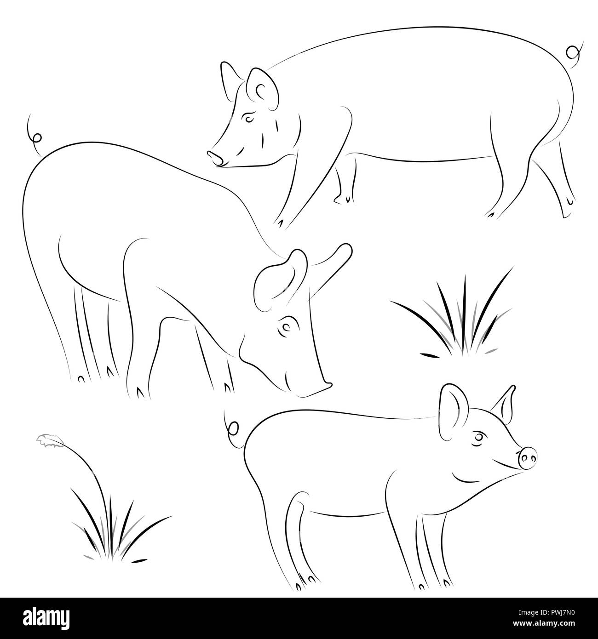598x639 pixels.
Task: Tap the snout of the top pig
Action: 214,158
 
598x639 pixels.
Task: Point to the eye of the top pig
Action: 249,119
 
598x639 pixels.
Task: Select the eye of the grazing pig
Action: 285,327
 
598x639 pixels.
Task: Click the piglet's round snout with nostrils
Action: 528,458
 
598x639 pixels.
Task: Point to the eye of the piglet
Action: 479,437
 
